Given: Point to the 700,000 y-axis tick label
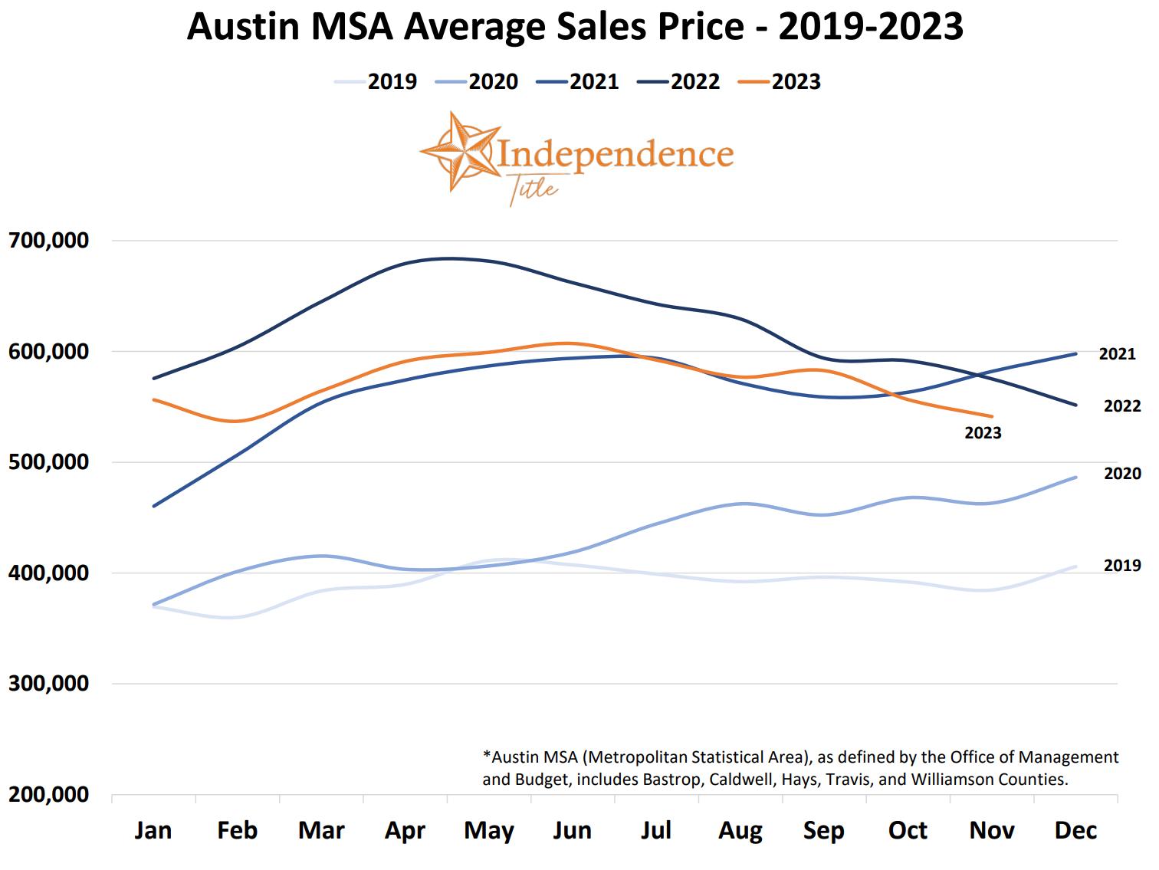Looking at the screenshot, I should [x=49, y=241].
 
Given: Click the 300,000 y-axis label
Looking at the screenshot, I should [x=49, y=684].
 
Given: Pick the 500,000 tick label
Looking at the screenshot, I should [x=49, y=462].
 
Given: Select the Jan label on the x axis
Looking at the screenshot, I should [x=153, y=831].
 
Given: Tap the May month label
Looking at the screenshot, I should [x=488, y=831].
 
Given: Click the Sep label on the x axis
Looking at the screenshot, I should [x=824, y=831].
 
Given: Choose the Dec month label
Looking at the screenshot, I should [x=1075, y=831].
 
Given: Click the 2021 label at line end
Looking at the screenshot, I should [x=1117, y=354].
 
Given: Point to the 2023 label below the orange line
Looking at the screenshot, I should [x=983, y=434].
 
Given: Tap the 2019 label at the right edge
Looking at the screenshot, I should [x=1122, y=566].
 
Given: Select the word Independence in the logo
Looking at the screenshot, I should [x=616, y=153].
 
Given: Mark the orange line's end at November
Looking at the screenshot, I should [x=992, y=416].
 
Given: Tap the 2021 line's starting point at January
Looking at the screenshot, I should [x=154, y=506].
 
